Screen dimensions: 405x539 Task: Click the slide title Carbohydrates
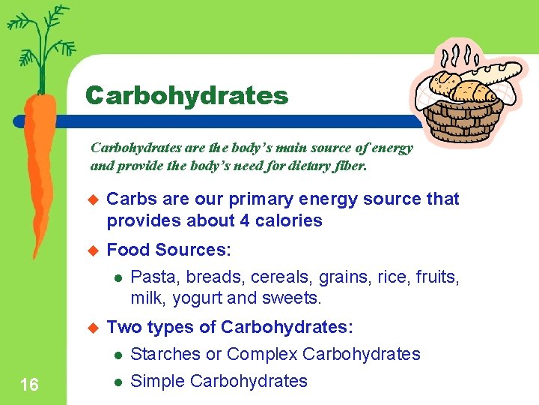[186, 95]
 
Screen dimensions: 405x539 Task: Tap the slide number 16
[30, 385]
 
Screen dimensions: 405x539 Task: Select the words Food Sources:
[169, 250]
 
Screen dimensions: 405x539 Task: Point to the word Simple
[157, 381]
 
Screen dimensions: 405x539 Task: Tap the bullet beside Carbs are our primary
[94, 199]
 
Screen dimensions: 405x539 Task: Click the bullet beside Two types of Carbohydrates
[94, 328]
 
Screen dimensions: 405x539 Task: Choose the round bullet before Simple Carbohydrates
[118, 382]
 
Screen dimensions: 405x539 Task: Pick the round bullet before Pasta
[118, 278]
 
